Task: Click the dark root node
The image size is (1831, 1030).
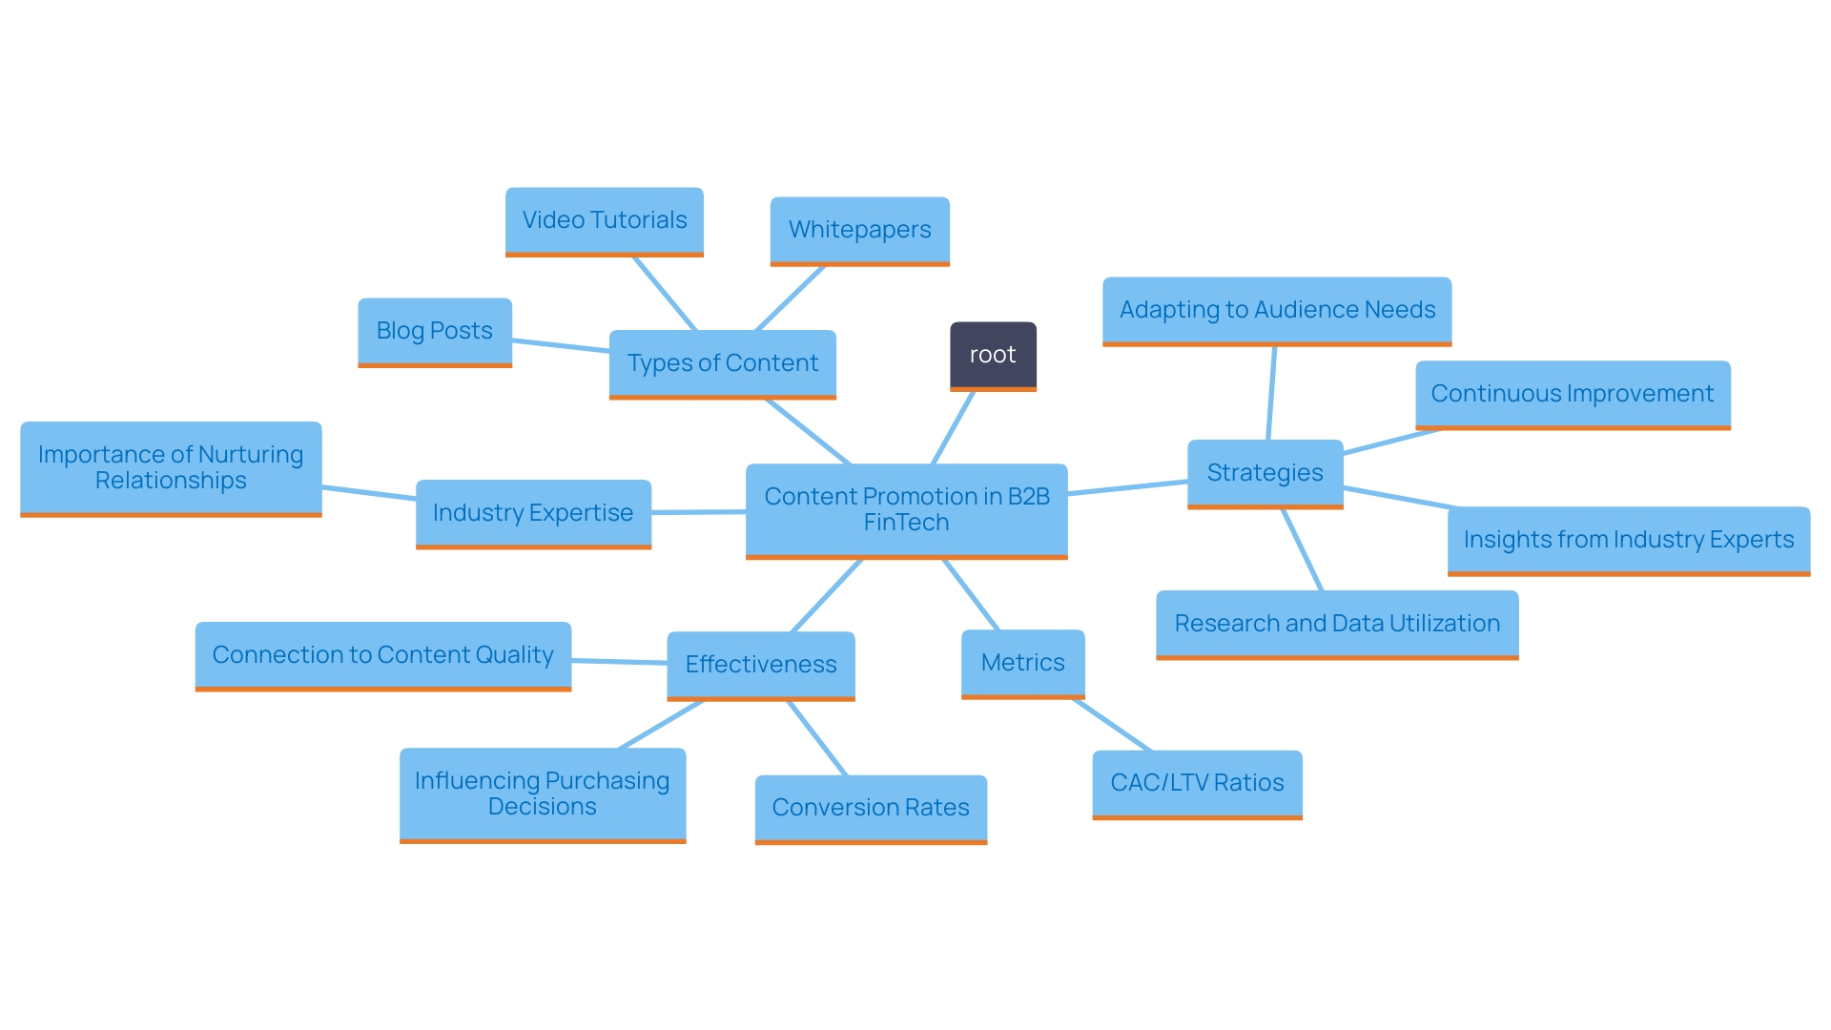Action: pos(993,355)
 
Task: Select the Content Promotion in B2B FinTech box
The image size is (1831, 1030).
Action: pos(906,509)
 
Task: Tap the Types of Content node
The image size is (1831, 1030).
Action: pos(722,363)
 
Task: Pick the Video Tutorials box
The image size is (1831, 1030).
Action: pos(604,220)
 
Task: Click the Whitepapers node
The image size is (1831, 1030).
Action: pos(859,230)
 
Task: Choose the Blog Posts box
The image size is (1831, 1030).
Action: pos(434,331)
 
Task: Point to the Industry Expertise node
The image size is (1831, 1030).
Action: pos(533,513)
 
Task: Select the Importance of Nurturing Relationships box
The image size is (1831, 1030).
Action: pos(171,467)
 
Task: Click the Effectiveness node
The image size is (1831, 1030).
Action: pos(760,665)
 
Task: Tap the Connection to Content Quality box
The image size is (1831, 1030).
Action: pos(382,655)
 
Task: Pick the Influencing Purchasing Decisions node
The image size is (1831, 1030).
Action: pos(542,793)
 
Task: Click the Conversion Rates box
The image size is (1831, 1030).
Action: pos(871,808)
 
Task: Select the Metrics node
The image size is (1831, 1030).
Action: pos(1022,663)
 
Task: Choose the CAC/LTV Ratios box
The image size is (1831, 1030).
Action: pos(1197,783)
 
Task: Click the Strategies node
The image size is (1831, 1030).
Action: pos(1265,473)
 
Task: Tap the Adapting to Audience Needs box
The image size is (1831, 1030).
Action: pos(1277,310)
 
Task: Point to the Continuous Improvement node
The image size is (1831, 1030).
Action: pos(1572,394)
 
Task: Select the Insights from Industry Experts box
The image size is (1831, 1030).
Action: pos(1628,540)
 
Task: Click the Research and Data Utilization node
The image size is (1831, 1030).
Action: pos(1337,624)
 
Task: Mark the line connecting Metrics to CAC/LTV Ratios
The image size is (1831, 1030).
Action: pos(1113,726)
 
